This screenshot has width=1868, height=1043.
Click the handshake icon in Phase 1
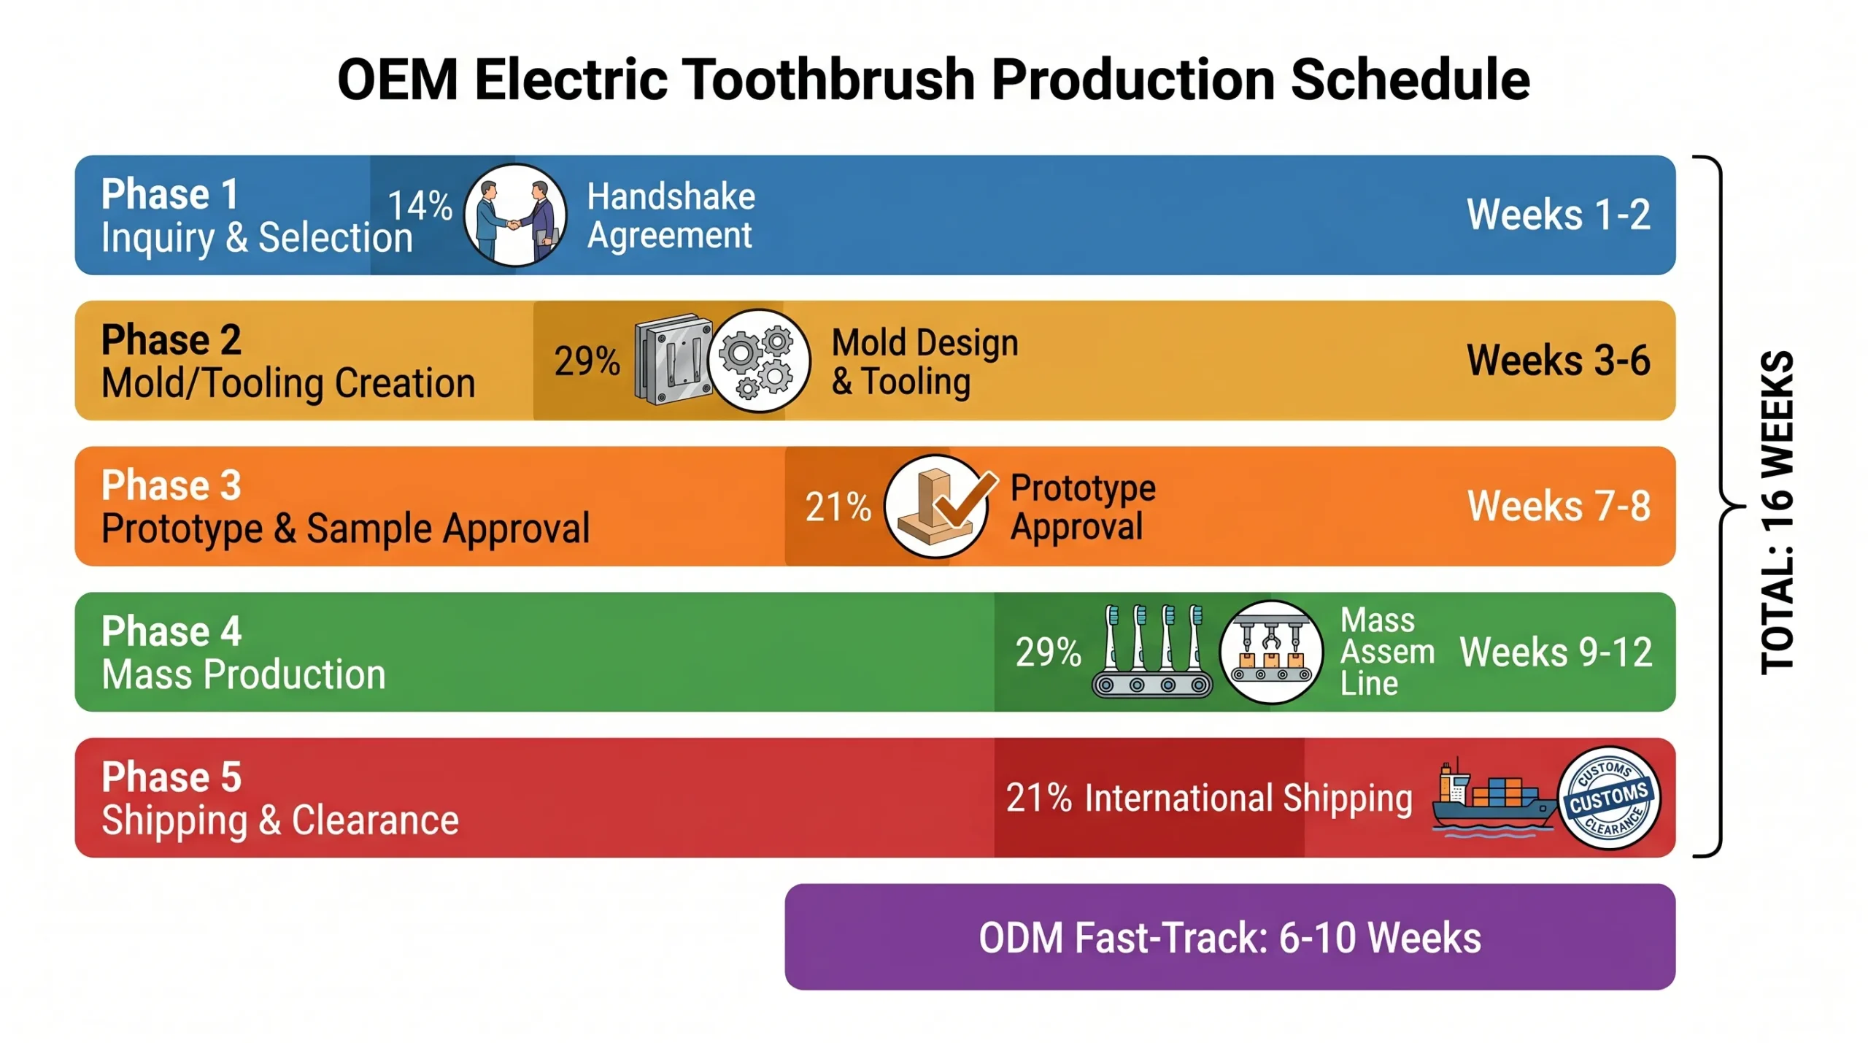pyautogui.click(x=515, y=215)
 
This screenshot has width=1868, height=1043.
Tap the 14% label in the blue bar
pyautogui.click(x=420, y=205)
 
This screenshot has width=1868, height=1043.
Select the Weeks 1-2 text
pyautogui.click(x=1558, y=215)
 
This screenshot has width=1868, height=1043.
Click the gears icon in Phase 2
pyautogui.click(x=759, y=361)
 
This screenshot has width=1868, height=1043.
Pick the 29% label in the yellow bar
pyautogui.click(x=587, y=361)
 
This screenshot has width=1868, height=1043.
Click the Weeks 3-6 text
pyautogui.click(x=1558, y=361)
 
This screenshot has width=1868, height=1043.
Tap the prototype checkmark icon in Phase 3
pyautogui.click(x=937, y=506)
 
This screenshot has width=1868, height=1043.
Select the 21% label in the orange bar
pyautogui.click(x=838, y=507)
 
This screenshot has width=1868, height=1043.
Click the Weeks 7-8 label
pyautogui.click(x=1558, y=506)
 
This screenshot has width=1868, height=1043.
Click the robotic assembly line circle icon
pyautogui.click(x=1271, y=652)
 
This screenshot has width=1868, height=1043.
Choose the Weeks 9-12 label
pyautogui.click(x=1555, y=652)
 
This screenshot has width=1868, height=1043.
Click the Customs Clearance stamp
pyautogui.click(x=1608, y=798)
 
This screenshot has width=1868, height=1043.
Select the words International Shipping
pyautogui.click(x=1248, y=798)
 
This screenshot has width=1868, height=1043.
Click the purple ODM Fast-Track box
pyautogui.click(x=1230, y=937)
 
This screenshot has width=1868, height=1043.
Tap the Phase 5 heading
pyautogui.click(x=171, y=777)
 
